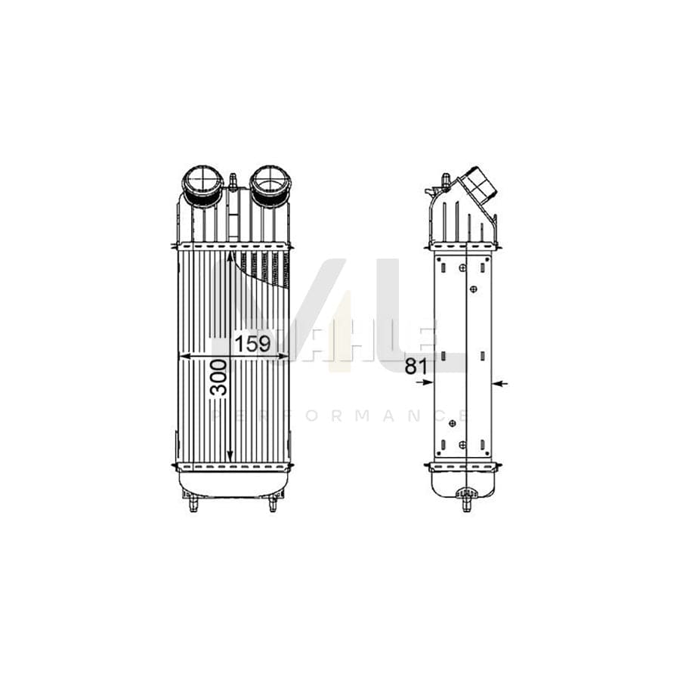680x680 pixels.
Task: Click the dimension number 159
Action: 252,345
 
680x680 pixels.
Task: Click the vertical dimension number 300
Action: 219,378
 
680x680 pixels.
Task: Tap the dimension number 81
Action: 416,367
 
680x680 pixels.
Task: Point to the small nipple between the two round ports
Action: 233,180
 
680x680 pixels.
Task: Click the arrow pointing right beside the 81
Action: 426,383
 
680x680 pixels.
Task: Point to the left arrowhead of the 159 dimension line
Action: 181,355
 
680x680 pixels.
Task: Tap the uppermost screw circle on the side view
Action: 462,267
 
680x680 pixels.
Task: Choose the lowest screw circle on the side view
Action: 462,444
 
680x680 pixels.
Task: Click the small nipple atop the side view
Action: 445,179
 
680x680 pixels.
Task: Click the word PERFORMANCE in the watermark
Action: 340,416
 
